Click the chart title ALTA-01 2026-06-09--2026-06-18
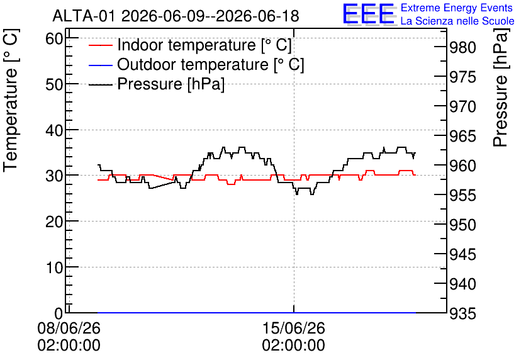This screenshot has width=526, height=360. click(x=176, y=16)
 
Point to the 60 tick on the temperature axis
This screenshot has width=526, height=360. click(x=54, y=39)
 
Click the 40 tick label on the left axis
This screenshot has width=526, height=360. click(x=54, y=130)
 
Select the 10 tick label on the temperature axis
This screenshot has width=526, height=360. click(x=54, y=267)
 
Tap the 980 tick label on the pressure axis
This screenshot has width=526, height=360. click(x=462, y=48)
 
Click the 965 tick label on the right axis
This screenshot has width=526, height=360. click(x=462, y=136)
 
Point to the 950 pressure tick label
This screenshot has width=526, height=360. click(x=462, y=225)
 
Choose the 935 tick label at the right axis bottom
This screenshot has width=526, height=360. click(x=462, y=313)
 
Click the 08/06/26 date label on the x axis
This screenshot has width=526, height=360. click(x=69, y=328)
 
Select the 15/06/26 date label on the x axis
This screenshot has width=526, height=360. click(x=294, y=328)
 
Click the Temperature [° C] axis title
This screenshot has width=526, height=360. click(x=11, y=100)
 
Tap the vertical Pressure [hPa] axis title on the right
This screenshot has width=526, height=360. click(x=501, y=87)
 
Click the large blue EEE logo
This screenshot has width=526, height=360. click(x=368, y=14)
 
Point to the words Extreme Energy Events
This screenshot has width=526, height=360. click(x=457, y=8)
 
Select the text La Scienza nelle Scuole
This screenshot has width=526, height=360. click(x=457, y=21)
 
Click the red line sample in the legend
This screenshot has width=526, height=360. click(x=100, y=45)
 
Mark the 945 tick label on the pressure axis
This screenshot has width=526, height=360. click(x=462, y=255)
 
